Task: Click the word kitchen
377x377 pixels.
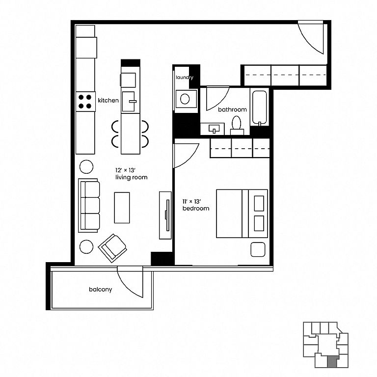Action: click(x=108, y=100)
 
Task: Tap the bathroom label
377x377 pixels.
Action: click(x=232, y=109)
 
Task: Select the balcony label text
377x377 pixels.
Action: click(x=101, y=290)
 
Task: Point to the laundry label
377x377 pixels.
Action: click(x=185, y=78)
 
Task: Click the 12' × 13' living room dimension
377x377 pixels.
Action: click(x=126, y=170)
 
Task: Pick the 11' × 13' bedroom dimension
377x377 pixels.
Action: click(x=191, y=201)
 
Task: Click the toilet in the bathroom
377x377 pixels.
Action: click(x=237, y=126)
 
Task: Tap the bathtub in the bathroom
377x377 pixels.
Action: click(x=259, y=107)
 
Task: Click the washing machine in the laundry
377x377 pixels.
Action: click(x=186, y=99)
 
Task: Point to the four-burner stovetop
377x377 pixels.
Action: click(x=85, y=102)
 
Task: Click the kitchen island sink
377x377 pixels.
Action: click(x=129, y=102)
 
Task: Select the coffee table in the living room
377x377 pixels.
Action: click(x=122, y=208)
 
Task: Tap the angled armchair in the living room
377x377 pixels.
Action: click(x=112, y=248)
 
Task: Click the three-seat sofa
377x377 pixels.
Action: click(x=89, y=205)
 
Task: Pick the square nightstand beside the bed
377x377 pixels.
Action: click(x=258, y=249)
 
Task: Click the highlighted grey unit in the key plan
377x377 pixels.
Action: click(x=333, y=361)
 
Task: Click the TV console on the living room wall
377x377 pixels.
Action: click(x=165, y=215)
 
